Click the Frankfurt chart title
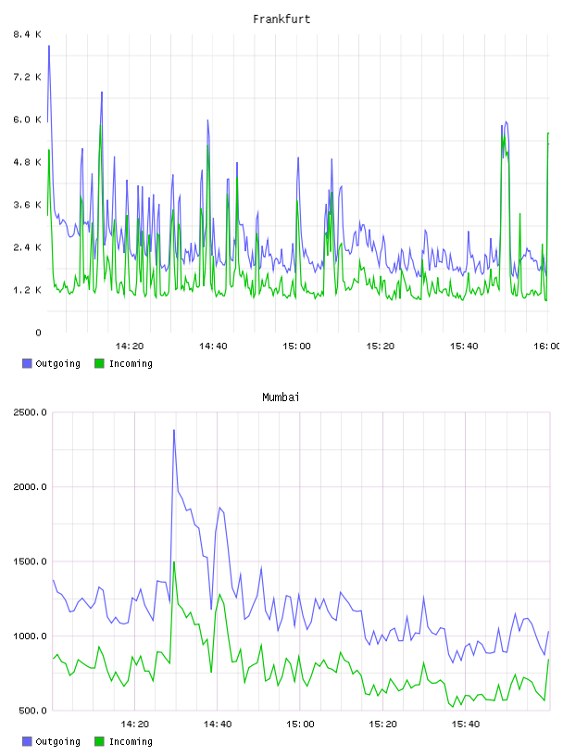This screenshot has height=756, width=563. click(281, 19)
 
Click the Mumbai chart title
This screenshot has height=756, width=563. click(281, 397)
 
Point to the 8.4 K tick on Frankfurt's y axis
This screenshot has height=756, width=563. click(28, 34)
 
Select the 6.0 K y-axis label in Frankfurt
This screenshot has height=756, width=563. click(28, 120)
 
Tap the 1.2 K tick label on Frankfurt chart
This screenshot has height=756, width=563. click(28, 290)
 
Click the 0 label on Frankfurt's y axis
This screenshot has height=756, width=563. click(39, 333)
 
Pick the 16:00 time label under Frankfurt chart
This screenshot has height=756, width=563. click(546, 346)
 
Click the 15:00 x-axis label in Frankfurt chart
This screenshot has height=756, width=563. click(296, 346)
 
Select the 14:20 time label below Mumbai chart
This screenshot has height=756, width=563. click(134, 724)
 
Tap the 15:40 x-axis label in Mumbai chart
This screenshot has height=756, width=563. click(465, 724)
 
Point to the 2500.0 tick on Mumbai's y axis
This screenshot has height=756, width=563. click(30, 412)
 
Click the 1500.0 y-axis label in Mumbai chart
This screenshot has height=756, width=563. click(30, 561)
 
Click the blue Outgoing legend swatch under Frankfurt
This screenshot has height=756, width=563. click(27, 363)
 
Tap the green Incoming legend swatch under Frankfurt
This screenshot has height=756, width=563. click(99, 363)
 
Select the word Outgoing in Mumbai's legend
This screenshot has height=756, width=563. click(57, 741)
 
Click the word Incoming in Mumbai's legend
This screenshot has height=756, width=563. click(131, 741)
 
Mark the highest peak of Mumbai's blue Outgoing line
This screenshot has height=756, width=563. click(174, 430)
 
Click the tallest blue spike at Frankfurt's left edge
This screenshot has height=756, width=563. click(49, 45)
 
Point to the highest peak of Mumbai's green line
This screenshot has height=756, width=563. click(174, 561)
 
